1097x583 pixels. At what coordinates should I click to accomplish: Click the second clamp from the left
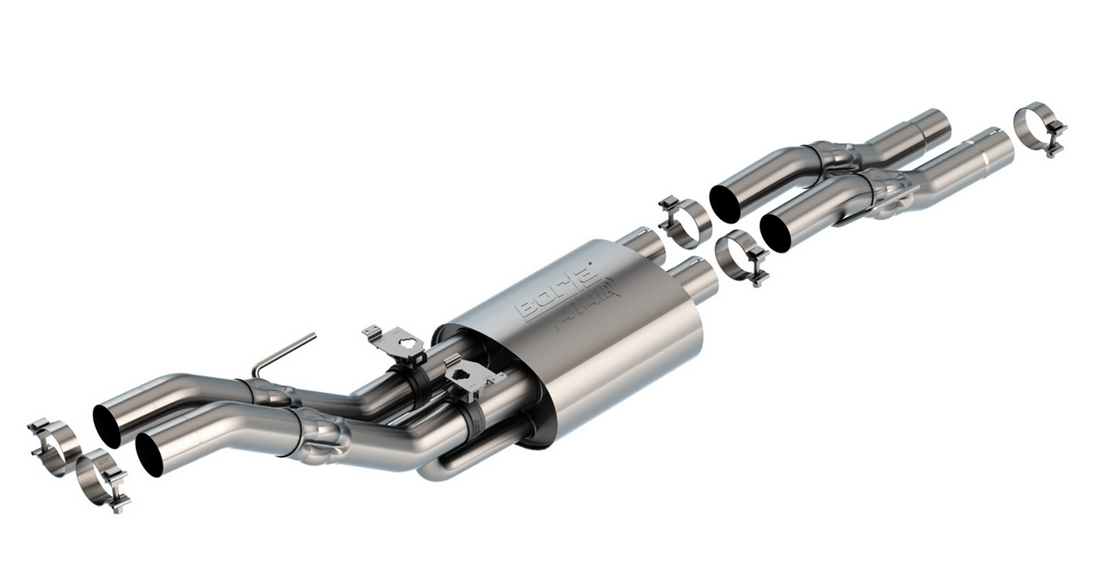tap(102, 477)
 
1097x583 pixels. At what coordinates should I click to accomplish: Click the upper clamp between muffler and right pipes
tap(684, 219)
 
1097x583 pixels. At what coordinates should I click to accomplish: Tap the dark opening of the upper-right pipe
tap(725, 203)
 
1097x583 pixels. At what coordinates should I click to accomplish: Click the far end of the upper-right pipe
tap(932, 124)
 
